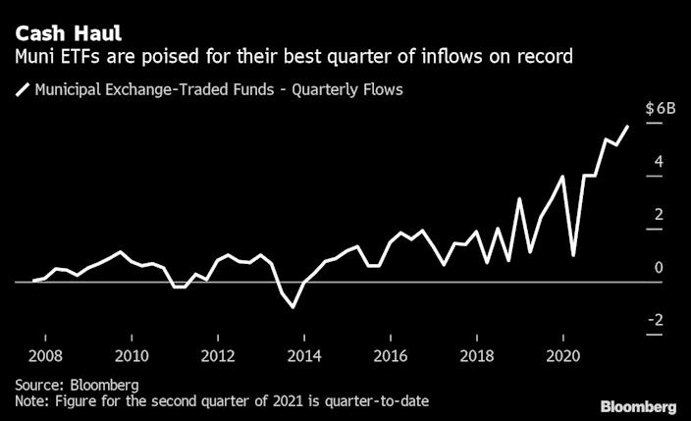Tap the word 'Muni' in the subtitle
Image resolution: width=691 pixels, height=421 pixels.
[36, 56]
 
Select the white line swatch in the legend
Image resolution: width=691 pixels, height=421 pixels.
[22, 91]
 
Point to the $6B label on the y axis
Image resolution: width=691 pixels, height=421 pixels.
[660, 109]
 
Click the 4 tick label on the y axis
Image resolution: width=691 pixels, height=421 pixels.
[660, 162]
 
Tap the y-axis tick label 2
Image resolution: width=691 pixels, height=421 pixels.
[660, 215]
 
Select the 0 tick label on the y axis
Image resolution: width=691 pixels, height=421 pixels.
[660, 268]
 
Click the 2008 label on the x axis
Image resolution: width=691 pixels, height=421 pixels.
[46, 354]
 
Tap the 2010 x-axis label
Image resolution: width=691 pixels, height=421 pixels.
[133, 354]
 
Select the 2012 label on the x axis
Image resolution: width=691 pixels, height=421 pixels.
[218, 354]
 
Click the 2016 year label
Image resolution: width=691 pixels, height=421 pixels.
[391, 354]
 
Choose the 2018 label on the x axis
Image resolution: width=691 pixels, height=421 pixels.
[477, 354]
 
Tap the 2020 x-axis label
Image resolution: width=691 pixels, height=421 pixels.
[562, 354]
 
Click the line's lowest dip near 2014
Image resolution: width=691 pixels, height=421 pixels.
[293, 307]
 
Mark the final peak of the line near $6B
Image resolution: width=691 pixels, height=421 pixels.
[627, 127]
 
